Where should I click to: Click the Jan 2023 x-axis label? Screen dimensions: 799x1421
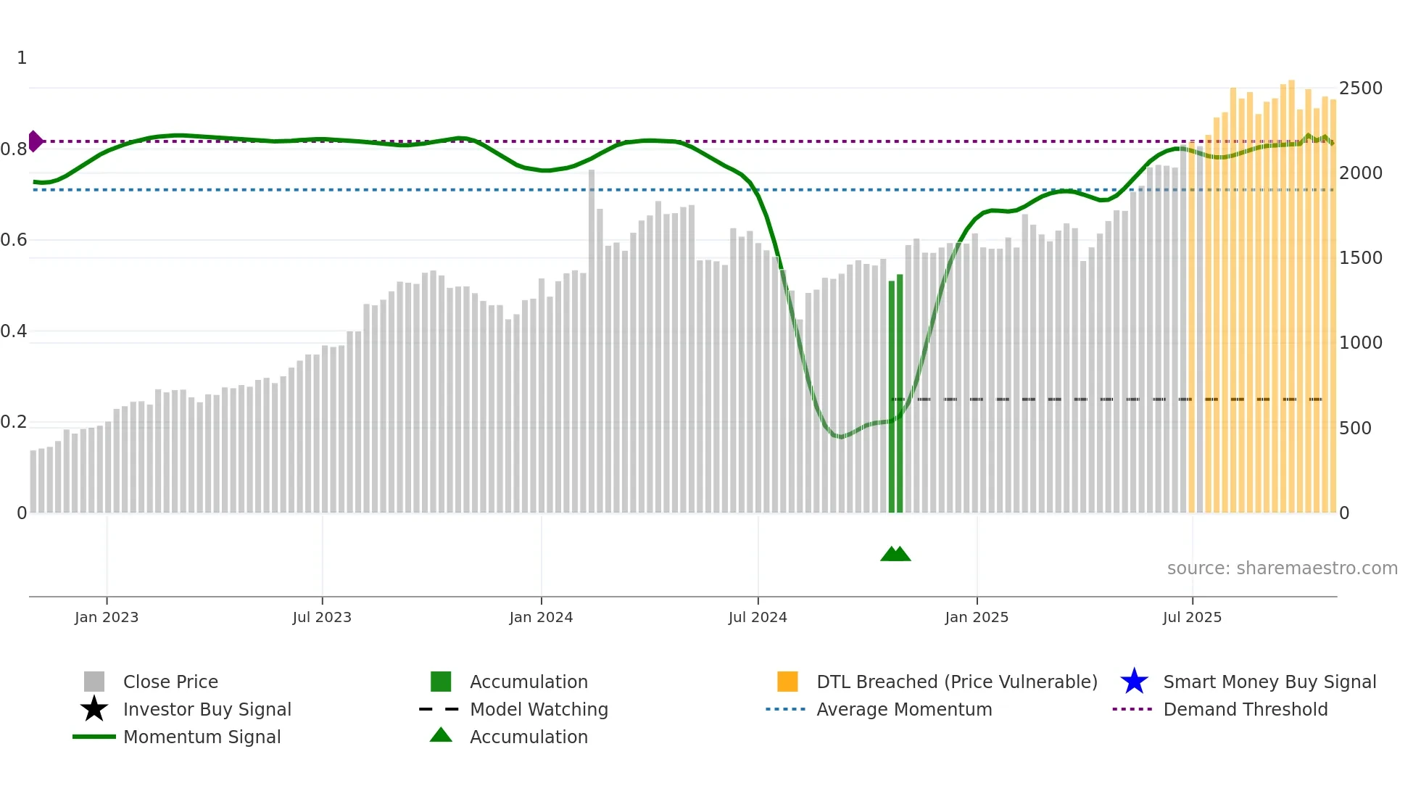coord(107,617)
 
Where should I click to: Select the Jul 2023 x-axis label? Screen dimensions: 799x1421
coord(322,617)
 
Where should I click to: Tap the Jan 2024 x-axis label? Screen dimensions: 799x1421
coord(541,617)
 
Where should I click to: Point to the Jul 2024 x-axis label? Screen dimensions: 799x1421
coord(758,617)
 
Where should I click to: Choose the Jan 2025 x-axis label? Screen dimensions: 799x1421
coord(977,617)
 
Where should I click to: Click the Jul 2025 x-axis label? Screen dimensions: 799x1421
coord(1192,617)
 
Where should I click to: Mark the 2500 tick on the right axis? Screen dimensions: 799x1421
coord(1361,88)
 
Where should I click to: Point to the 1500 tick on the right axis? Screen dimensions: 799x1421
coord(1361,258)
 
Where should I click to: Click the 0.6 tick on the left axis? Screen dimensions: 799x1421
coord(14,240)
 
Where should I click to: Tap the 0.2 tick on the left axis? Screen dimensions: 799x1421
coord(14,422)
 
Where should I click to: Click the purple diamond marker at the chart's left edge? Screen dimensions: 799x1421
coord(35,141)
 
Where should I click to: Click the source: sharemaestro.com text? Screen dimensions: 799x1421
coord(1282,568)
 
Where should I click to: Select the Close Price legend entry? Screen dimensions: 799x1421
coord(170,682)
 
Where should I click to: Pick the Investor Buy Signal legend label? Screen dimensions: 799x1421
coord(207,709)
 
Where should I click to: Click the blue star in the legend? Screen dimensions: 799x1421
coord(1134,682)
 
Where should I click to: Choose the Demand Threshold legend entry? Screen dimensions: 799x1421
coord(1245,709)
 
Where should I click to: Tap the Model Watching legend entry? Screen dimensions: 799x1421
coord(539,709)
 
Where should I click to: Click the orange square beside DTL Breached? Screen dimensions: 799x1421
coord(787,682)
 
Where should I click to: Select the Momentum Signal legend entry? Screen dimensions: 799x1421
coord(202,737)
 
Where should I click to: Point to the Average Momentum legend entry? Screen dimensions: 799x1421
coord(904,709)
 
